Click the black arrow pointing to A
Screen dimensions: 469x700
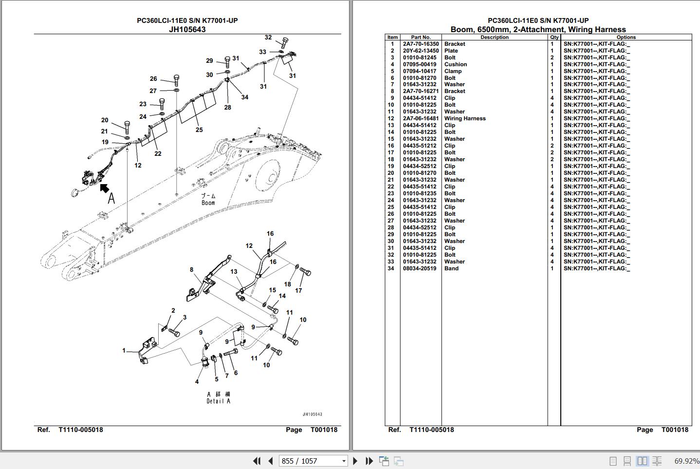click(104, 188)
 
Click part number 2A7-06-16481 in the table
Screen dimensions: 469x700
click(420, 118)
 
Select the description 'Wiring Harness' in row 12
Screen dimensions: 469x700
click(464, 118)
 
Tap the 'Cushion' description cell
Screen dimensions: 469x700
click(455, 64)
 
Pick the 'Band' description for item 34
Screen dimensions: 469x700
click(451, 268)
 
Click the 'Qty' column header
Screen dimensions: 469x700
click(554, 37)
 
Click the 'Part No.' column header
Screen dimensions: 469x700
click(421, 37)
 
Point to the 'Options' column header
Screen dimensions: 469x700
click(626, 37)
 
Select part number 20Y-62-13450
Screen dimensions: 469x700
click(420, 51)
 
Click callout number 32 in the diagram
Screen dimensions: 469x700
click(268, 37)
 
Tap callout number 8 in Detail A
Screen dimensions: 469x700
click(191, 269)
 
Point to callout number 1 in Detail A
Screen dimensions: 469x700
click(124, 350)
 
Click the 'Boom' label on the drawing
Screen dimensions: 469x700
click(208, 203)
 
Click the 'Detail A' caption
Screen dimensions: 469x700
click(218, 401)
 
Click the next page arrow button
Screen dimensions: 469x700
click(355, 461)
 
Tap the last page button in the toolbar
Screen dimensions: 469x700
click(369, 461)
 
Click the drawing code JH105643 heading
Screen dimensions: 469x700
click(187, 29)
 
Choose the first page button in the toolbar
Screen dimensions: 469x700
click(256, 461)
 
